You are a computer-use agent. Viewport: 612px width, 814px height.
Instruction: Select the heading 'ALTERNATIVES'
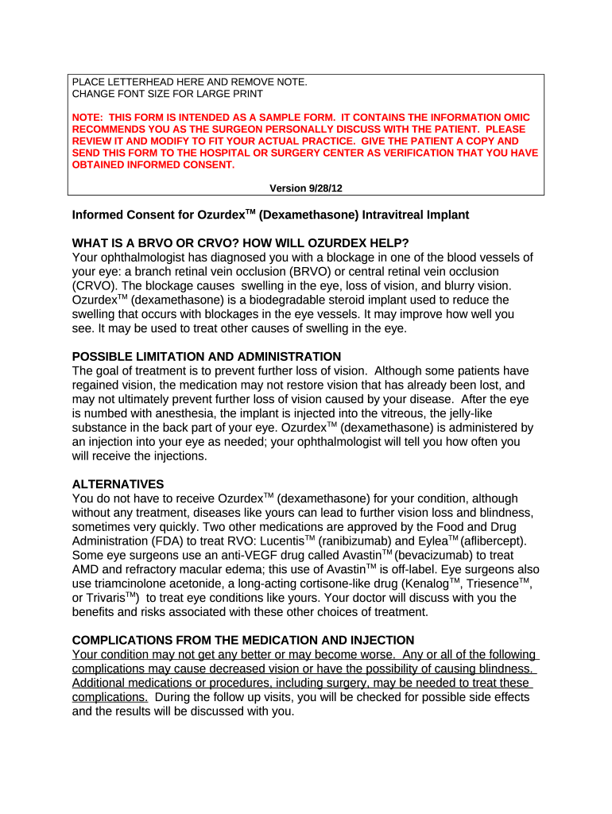tap(118, 484)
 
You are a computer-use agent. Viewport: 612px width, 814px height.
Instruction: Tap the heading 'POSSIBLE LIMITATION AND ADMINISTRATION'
tap(207, 357)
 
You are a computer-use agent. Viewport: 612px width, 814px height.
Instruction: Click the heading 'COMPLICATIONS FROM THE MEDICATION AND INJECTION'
tap(243, 640)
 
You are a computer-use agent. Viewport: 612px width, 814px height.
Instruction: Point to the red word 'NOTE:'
tap(89, 117)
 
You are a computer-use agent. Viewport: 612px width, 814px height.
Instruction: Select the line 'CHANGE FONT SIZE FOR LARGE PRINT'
tap(167, 94)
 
